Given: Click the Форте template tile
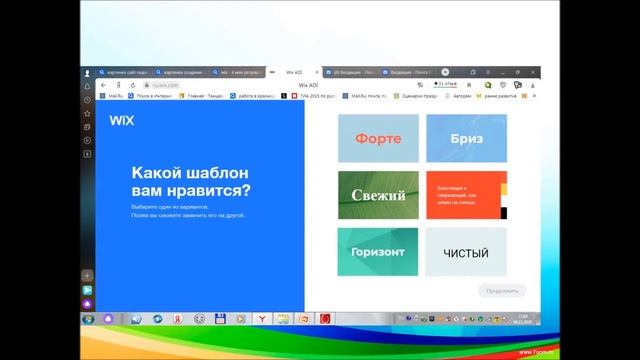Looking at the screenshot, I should (377, 138).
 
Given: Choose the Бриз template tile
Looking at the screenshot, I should (466, 138).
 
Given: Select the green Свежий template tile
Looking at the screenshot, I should (377, 195).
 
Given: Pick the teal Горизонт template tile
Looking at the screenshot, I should (377, 252).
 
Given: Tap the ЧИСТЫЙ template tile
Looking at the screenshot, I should (466, 252).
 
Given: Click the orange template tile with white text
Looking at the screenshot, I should (466, 195).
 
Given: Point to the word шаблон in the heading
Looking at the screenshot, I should (208, 172).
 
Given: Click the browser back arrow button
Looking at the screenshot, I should (103, 85).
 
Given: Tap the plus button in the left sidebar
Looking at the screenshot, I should (88, 275).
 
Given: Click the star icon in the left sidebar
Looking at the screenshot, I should (88, 113).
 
